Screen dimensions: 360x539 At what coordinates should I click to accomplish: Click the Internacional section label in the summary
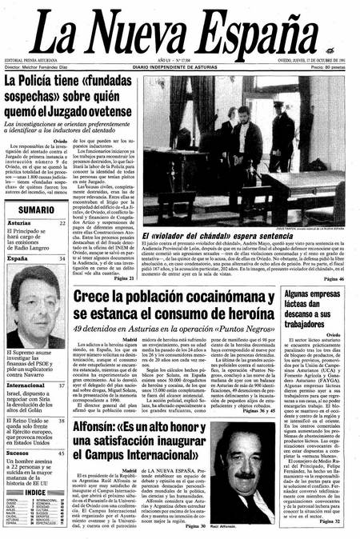click(x=31, y=385)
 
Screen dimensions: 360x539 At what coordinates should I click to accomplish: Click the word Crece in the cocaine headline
click(x=97, y=297)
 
